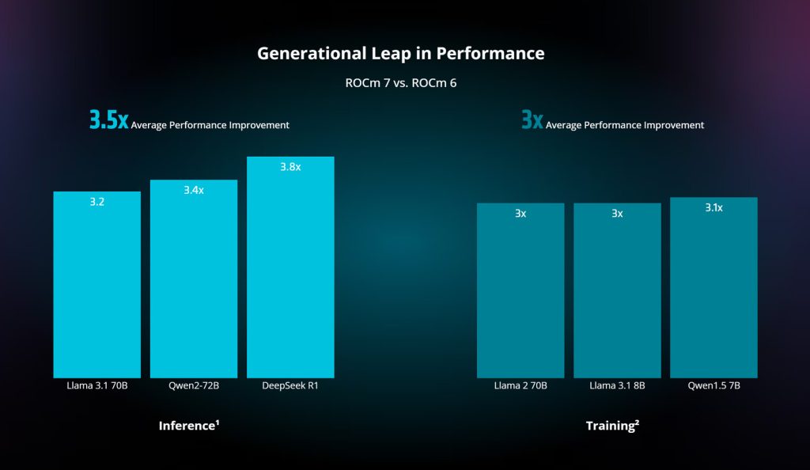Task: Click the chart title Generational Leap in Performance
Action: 400,54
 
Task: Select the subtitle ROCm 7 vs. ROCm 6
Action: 401,82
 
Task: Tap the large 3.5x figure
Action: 108,120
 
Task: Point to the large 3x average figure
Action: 532,120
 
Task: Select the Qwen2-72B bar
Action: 194,285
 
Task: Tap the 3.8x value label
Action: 290,167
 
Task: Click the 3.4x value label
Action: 194,190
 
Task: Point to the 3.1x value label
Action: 713,207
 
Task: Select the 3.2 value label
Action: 97,202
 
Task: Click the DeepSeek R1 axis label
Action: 290,386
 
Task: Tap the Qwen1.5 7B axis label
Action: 713,386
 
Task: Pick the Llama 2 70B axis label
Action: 520,386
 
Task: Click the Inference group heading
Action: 189,426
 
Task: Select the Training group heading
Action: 612,426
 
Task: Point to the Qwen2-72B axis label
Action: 194,386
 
